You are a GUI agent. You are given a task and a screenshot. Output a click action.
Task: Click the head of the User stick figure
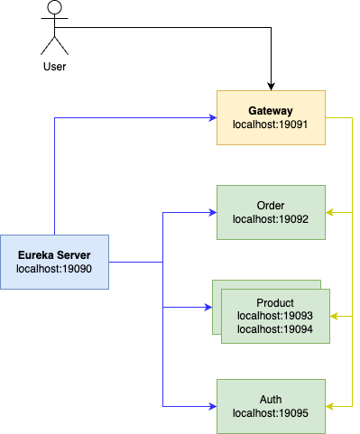pyautogui.click(x=54, y=11)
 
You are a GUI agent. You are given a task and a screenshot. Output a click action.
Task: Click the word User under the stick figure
pyautogui.click(x=54, y=66)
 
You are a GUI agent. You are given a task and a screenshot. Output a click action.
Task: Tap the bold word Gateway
pyautogui.click(x=271, y=109)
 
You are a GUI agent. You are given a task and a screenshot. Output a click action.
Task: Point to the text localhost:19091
pyautogui.click(x=271, y=125)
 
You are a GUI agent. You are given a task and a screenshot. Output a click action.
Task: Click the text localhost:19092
pyautogui.click(x=271, y=218)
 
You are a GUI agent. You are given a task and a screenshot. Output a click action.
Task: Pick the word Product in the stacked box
pyautogui.click(x=275, y=302)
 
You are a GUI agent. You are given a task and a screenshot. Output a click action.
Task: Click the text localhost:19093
pyautogui.click(x=275, y=316)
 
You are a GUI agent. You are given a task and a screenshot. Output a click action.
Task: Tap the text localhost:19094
pyautogui.click(x=275, y=328)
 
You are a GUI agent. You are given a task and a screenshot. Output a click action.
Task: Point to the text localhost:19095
pyautogui.click(x=271, y=413)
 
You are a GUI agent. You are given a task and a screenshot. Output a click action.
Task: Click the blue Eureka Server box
pyautogui.click(x=54, y=262)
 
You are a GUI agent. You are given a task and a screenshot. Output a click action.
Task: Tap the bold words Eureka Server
pyautogui.click(x=54, y=254)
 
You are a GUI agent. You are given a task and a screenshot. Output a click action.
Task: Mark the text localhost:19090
pyautogui.click(x=54, y=268)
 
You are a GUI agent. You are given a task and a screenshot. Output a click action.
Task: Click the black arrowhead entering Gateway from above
pyautogui.click(x=271, y=86)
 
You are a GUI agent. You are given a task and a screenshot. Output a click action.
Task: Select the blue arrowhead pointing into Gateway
pyautogui.click(x=212, y=117)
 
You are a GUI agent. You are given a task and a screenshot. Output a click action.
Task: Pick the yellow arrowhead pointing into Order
pyautogui.click(x=330, y=213)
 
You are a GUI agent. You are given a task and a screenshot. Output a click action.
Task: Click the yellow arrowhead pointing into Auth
pyautogui.click(x=330, y=406)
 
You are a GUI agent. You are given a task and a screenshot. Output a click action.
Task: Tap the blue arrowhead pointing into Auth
pyautogui.click(x=212, y=406)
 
